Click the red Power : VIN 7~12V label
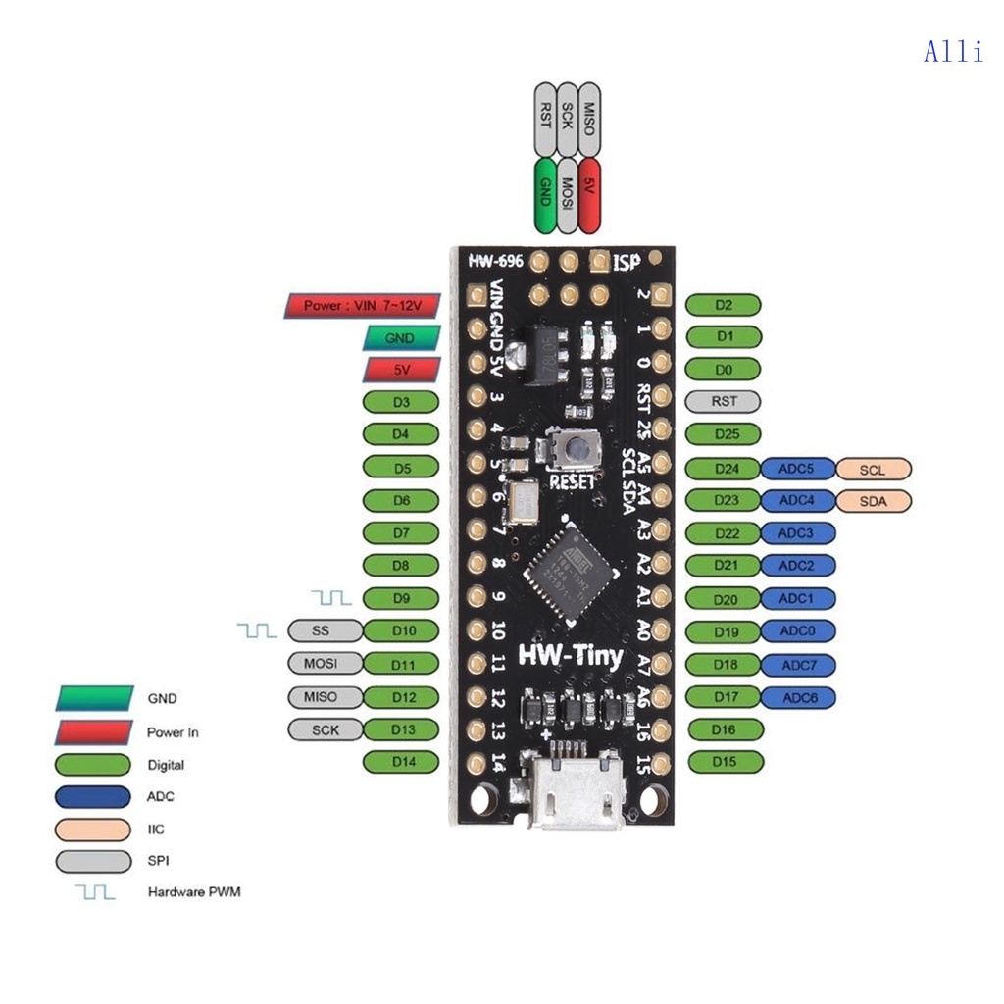pos(362,306)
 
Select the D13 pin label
pos(402,728)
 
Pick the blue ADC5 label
pos(797,469)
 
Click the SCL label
pos(873,470)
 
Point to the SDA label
pos(873,501)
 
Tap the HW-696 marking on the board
pos(494,262)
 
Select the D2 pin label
pos(724,305)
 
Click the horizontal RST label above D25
pos(724,401)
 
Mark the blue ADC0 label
pos(797,631)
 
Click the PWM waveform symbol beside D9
pos(331,597)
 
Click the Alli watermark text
pos(953,52)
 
